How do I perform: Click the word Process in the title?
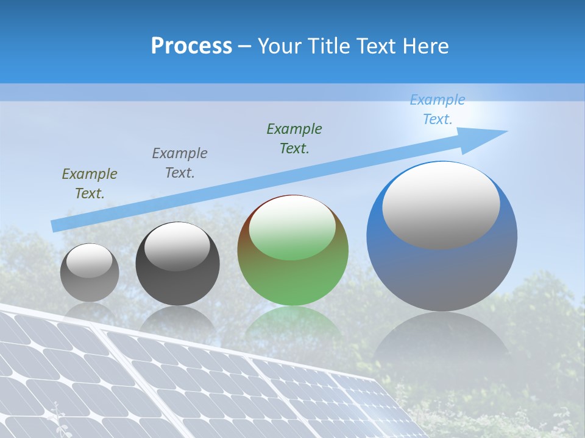[191, 46]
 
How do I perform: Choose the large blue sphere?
[442, 268]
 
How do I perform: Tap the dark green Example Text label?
[294, 139]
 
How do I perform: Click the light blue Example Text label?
[438, 109]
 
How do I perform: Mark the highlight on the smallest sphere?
[89, 260]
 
